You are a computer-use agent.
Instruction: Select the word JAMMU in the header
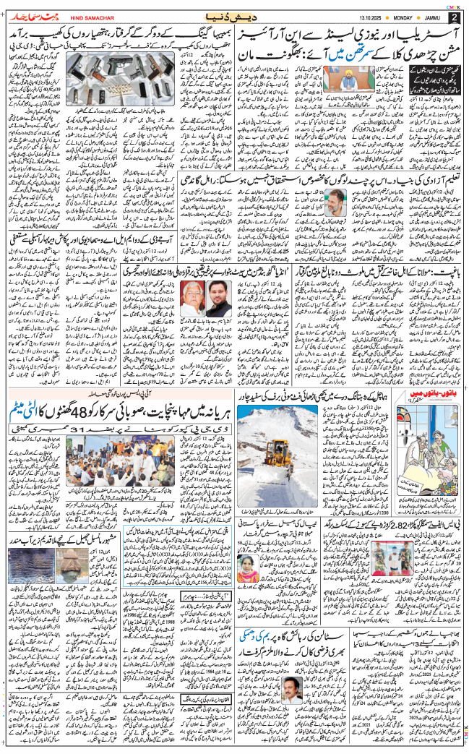[434, 17]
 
